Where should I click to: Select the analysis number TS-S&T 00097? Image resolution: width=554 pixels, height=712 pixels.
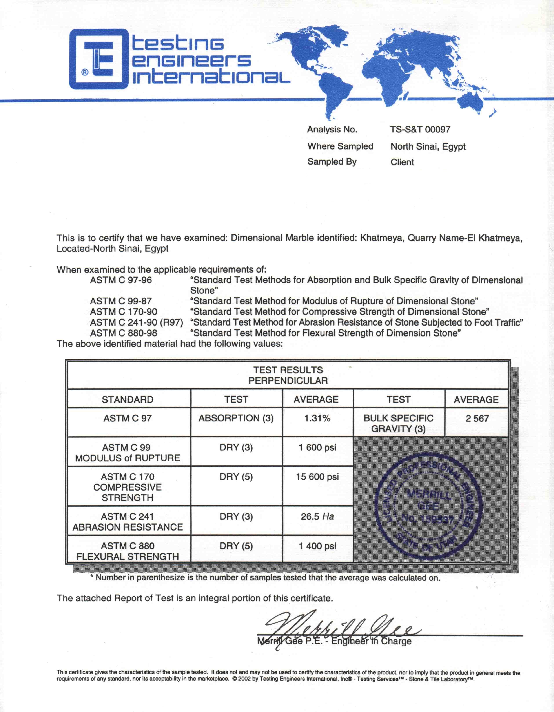pos(420,129)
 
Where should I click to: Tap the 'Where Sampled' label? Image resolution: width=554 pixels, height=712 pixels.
pos(340,146)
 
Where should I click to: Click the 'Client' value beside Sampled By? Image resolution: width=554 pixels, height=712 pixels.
pos(402,162)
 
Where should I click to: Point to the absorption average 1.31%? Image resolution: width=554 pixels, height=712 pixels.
pos(317,418)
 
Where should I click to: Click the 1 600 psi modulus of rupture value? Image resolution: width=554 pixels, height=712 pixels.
pos(317,448)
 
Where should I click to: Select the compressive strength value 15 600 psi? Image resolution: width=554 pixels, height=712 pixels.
pos(317,477)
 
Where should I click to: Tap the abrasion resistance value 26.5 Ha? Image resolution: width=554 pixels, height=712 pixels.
pos(317,516)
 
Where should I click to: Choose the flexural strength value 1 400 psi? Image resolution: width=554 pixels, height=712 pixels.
pos(317,546)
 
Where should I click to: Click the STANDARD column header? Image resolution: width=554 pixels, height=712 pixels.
pos(128,400)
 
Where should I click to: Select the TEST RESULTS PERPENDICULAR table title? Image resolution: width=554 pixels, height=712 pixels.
pos(288,375)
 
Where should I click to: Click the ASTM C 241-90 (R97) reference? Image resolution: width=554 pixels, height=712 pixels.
pos(136,322)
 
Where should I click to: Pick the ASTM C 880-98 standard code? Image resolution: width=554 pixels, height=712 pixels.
pos(123,333)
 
